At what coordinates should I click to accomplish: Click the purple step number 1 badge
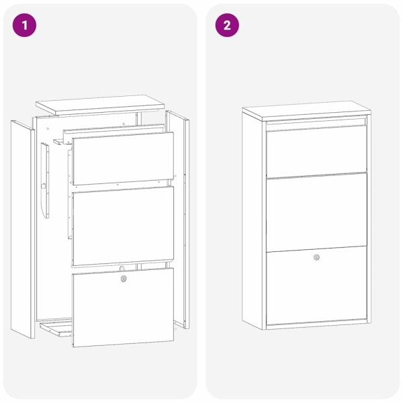pyautogui.click(x=26, y=26)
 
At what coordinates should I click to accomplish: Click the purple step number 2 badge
pyautogui.click(x=227, y=26)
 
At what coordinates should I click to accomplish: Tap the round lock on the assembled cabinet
pyautogui.click(x=316, y=257)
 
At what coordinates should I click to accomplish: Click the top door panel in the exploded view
pyautogui.click(x=122, y=159)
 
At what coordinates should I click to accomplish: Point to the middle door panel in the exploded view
pyautogui.click(x=122, y=226)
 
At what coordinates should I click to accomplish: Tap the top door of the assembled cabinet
pyautogui.click(x=316, y=151)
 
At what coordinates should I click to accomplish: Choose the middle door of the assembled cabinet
pyautogui.click(x=316, y=211)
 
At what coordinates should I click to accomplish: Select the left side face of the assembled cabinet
pyautogui.click(x=254, y=222)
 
